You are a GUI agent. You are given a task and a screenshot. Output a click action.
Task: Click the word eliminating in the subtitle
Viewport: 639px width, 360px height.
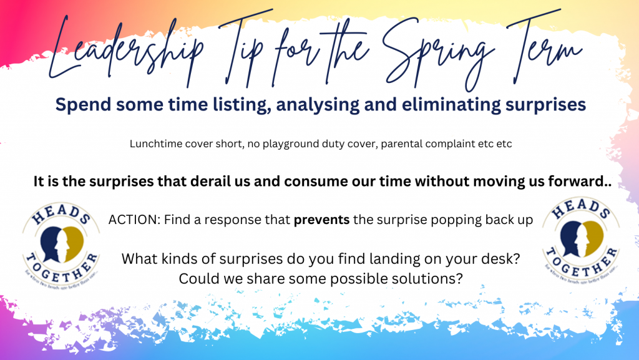[451, 105]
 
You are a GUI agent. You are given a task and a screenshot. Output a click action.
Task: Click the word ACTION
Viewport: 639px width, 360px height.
[134, 220]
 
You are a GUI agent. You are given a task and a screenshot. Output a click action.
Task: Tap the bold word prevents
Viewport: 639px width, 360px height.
[321, 220]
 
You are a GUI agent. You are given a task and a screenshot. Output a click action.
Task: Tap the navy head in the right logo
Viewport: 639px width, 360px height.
[573, 238]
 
